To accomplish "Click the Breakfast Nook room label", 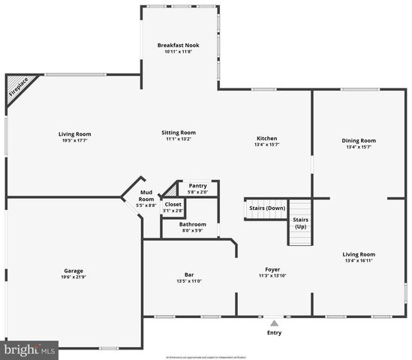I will point(178,46).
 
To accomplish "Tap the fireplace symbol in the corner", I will point(16,87).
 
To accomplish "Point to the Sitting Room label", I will point(178,133).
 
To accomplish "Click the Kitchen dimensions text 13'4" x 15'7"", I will point(267,145).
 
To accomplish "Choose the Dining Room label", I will point(358,140).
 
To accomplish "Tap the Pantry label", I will point(198,185).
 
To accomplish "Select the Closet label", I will point(173,204).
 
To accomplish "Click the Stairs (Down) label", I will point(266,208).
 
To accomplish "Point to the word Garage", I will point(74,270).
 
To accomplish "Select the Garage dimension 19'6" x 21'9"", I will point(74,277).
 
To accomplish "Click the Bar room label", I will point(189,274).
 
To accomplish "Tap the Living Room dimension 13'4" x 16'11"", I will point(358,260).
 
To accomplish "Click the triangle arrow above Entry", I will point(274,322).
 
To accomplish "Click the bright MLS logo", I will point(30,349).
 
